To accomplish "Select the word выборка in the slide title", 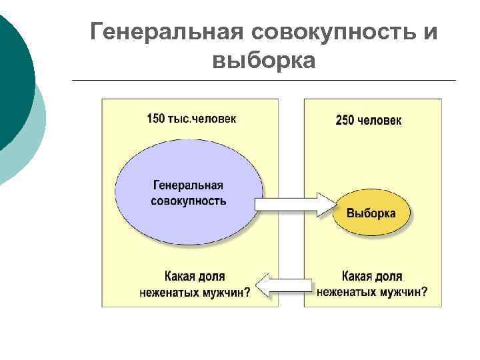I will tap(263, 61).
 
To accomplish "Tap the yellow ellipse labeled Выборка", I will tap(371, 213).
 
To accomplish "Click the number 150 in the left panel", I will tap(155, 119).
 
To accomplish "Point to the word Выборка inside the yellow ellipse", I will tap(371, 213).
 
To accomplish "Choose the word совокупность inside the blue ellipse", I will tap(189, 199).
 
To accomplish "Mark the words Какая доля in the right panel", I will tap(372, 276).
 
